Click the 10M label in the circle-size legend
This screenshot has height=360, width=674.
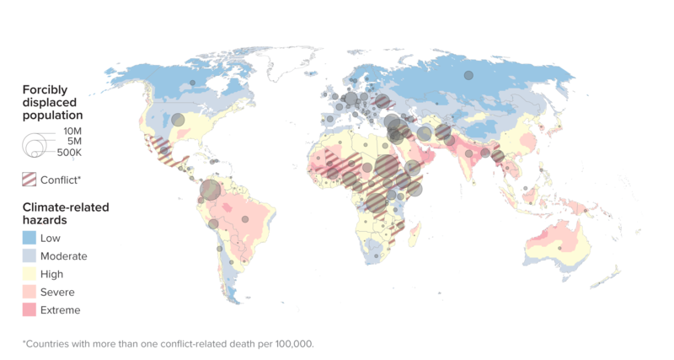click(x=72, y=132)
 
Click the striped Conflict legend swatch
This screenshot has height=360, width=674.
click(x=29, y=179)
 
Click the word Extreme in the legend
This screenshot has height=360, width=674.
click(x=60, y=310)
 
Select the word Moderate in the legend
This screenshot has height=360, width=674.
click(x=63, y=256)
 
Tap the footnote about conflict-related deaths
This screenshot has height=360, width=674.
click(x=168, y=344)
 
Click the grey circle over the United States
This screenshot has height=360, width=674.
click(x=178, y=120)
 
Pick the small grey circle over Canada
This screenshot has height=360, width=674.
click(x=193, y=83)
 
